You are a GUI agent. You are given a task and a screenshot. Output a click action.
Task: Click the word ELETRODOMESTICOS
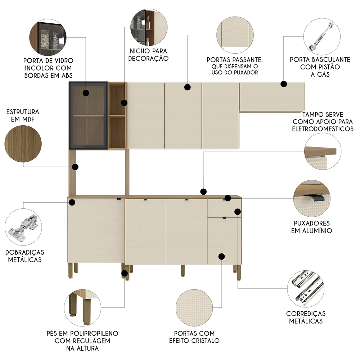click(323, 129)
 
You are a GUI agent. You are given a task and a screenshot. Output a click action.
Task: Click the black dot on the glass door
click(86, 93)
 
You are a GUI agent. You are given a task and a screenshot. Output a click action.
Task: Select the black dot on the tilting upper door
click(284, 84)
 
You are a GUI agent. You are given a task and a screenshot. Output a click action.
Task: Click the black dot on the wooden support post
click(75, 167)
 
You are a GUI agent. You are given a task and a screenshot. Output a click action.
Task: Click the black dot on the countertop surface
click(203, 192)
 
